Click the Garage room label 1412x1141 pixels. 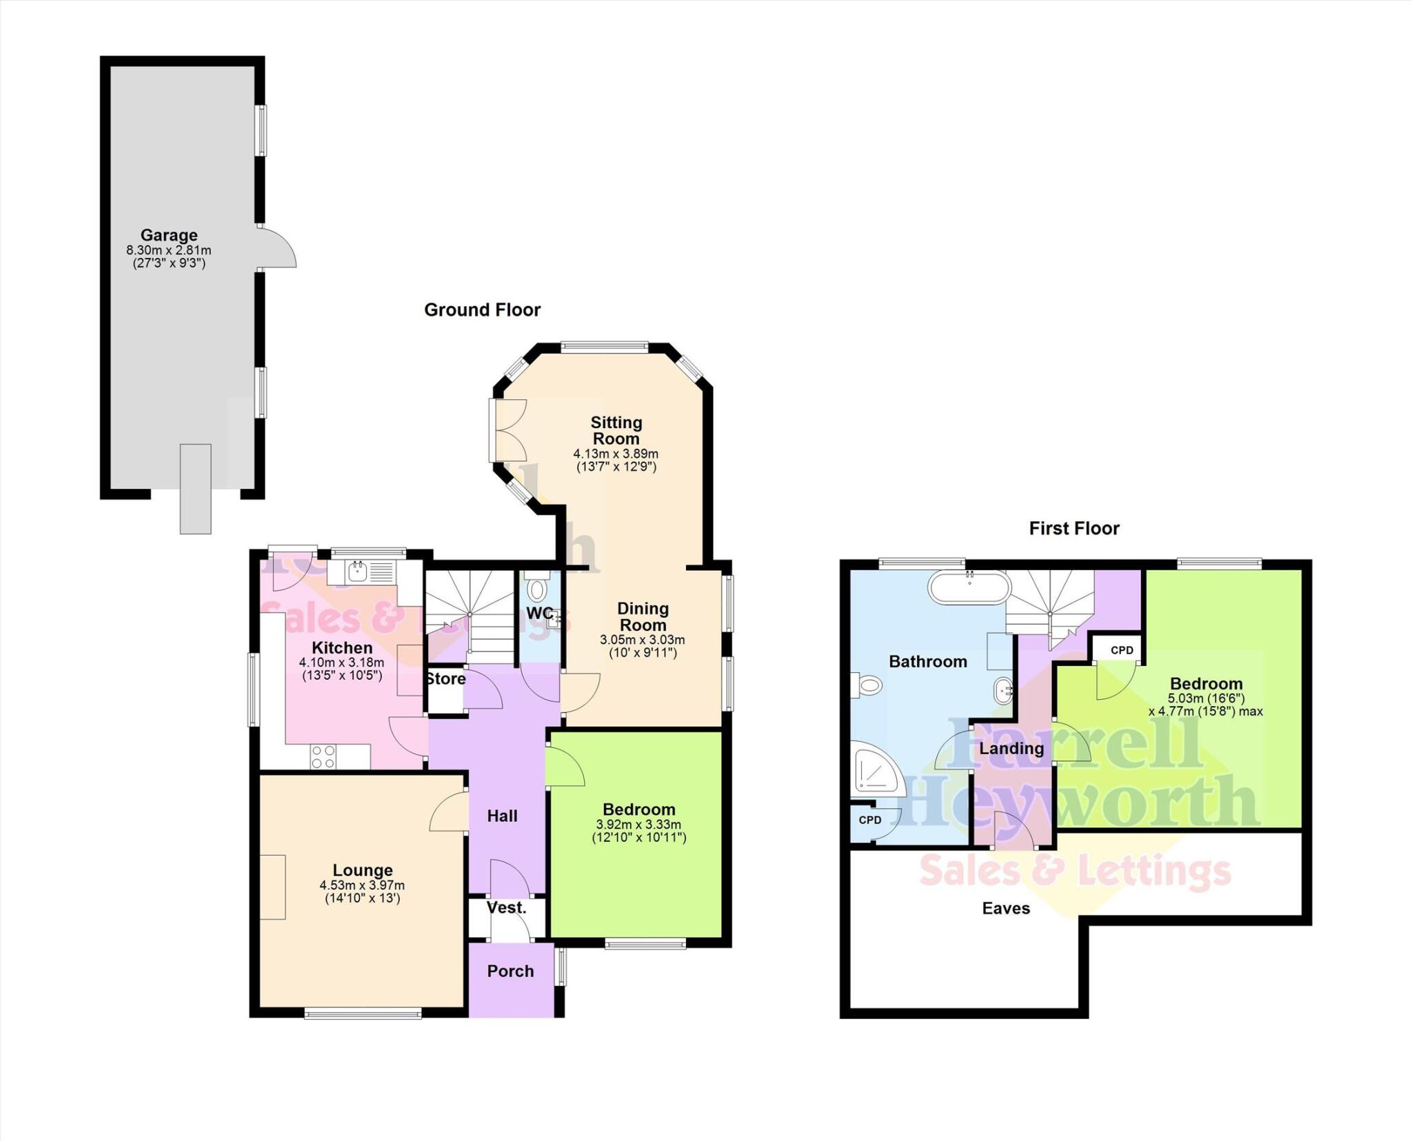169,236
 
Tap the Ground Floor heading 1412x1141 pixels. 482,310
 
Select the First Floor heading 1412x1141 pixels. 1073,529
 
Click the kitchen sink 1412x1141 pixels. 357,571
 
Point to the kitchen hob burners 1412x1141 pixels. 323,756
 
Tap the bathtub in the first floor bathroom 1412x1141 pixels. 969,588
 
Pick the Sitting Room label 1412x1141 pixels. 616,430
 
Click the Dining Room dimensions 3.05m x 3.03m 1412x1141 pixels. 642,640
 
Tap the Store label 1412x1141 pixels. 445,679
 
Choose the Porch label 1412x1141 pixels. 510,971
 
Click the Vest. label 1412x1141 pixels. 506,908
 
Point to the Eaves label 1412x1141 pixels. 1006,908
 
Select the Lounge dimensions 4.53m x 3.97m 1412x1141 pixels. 362,885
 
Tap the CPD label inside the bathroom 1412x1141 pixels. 870,820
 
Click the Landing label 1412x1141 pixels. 1011,749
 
